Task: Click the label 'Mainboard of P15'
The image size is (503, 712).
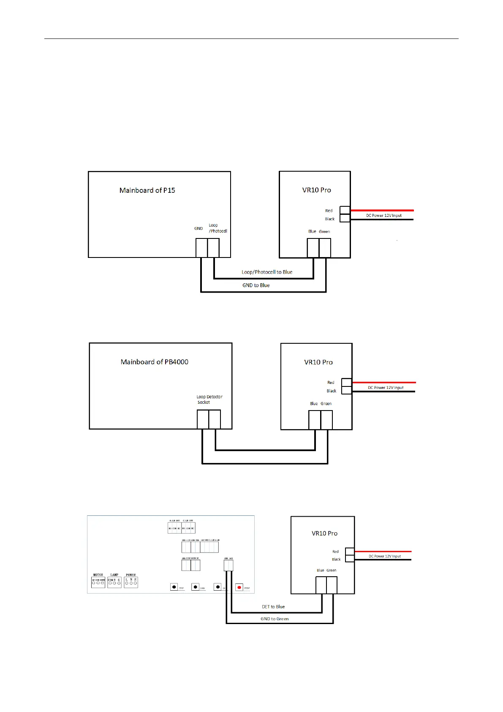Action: (x=147, y=190)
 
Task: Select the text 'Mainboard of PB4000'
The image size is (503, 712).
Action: (x=154, y=362)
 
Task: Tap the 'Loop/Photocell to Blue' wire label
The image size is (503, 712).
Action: (x=267, y=272)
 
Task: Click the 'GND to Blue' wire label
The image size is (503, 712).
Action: (x=256, y=285)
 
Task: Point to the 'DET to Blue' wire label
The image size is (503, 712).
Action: (x=273, y=607)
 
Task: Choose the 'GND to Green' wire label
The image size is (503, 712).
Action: (x=275, y=619)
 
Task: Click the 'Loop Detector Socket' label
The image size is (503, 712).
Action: (x=209, y=400)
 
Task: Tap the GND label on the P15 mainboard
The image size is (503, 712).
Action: (x=198, y=228)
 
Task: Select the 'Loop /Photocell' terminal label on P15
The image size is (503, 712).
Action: (x=218, y=228)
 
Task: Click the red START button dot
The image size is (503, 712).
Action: (x=239, y=587)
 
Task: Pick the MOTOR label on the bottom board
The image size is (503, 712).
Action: (x=98, y=575)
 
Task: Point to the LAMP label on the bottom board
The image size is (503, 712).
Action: (x=114, y=575)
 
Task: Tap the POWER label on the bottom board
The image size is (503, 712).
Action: (x=131, y=575)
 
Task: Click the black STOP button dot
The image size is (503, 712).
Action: (x=174, y=587)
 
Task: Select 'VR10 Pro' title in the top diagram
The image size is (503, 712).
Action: (x=316, y=190)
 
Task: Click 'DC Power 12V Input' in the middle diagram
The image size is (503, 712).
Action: (x=386, y=388)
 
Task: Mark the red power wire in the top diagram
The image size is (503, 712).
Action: (x=382, y=210)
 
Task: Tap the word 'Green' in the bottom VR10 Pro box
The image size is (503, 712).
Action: (x=331, y=570)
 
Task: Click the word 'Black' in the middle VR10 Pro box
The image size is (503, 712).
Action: (x=332, y=391)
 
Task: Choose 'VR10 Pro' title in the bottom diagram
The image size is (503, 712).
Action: (x=324, y=534)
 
